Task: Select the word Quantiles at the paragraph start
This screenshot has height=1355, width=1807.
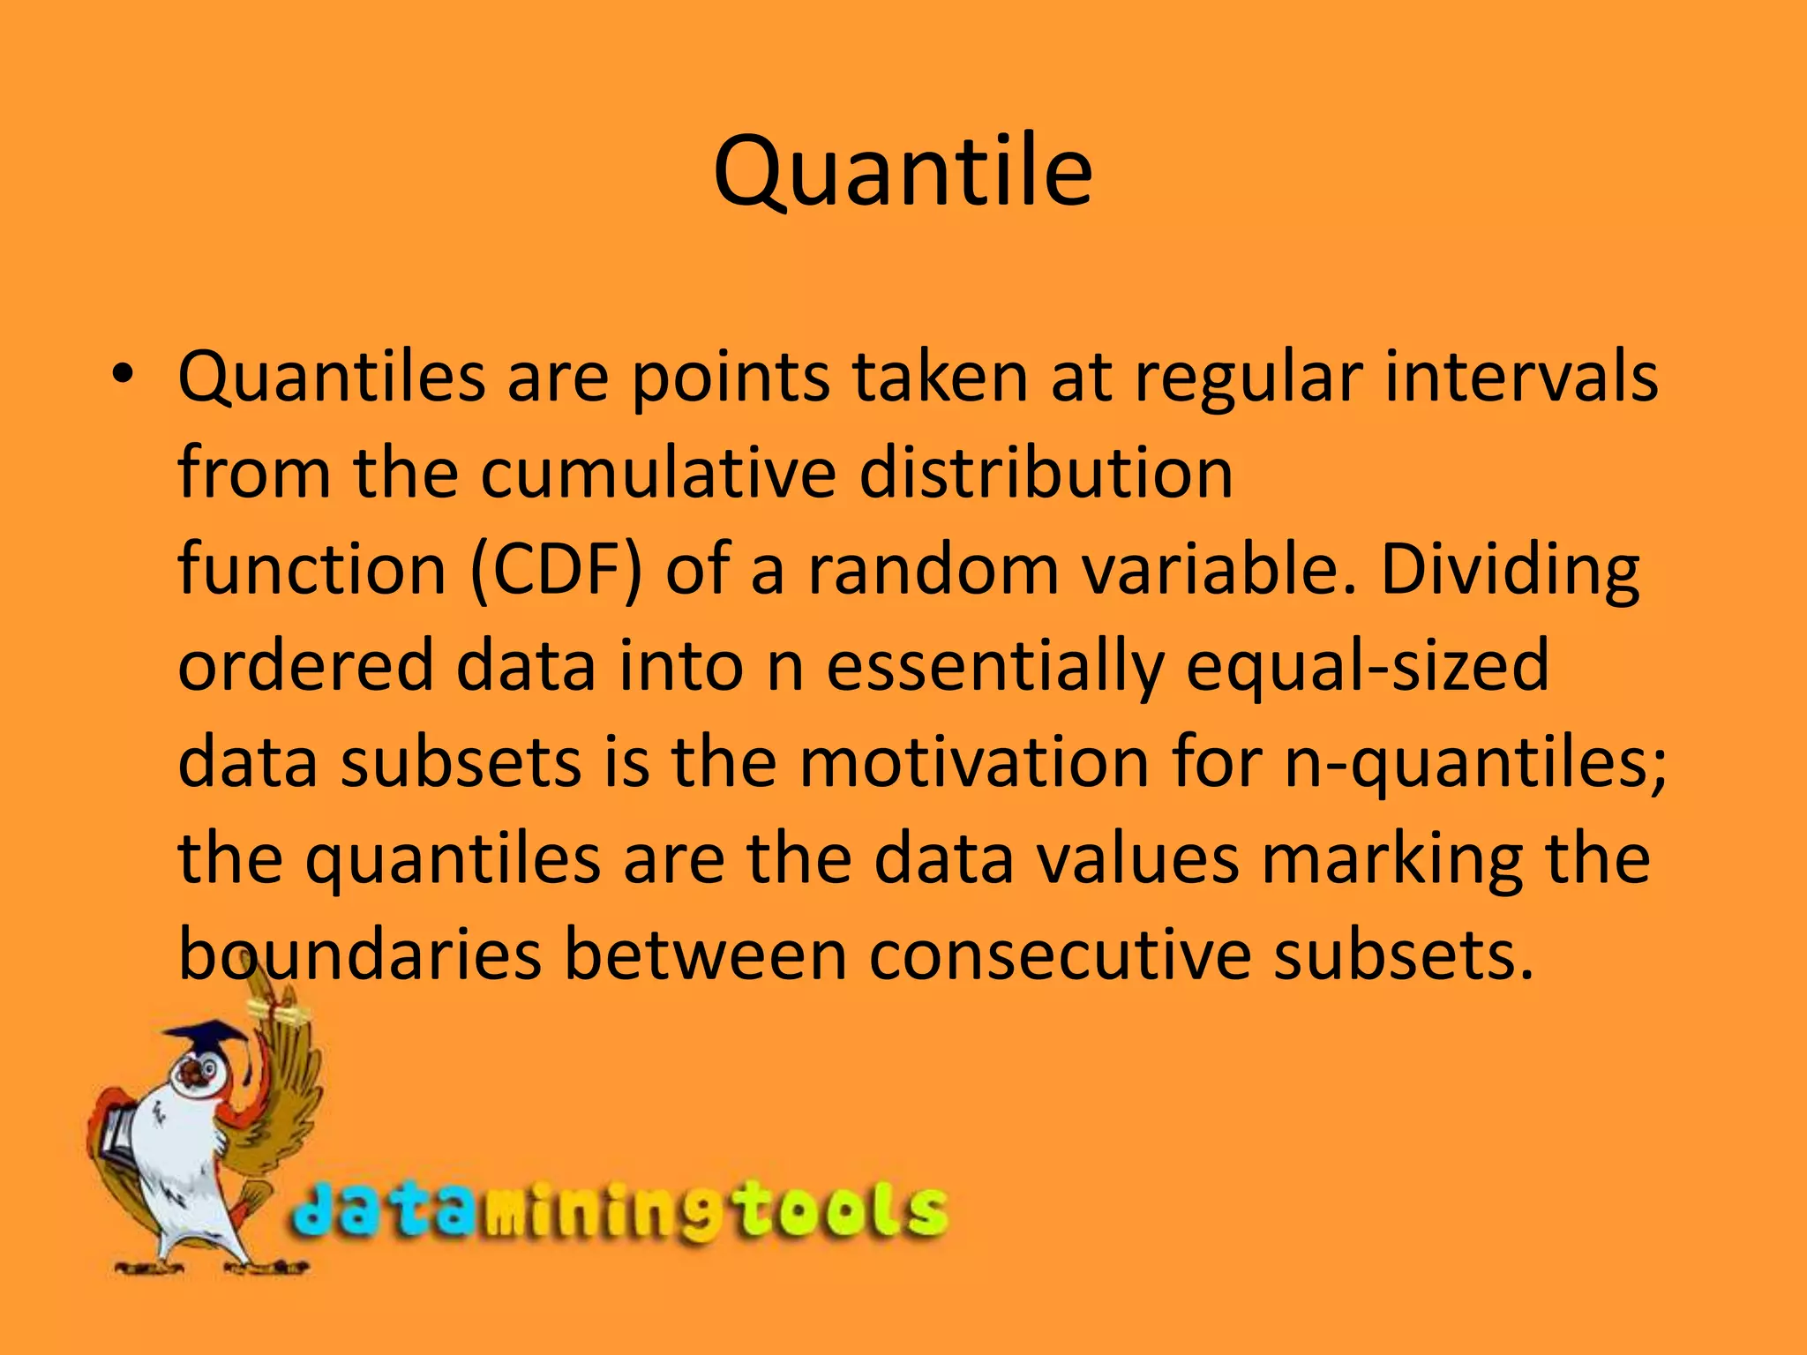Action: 332,378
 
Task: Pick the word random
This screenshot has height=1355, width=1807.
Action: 933,570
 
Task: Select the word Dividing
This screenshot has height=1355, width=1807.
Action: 1510,572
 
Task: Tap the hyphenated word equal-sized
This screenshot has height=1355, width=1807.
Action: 1367,667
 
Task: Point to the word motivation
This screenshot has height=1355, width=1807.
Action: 974,762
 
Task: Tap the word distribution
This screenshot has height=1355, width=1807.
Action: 1046,474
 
